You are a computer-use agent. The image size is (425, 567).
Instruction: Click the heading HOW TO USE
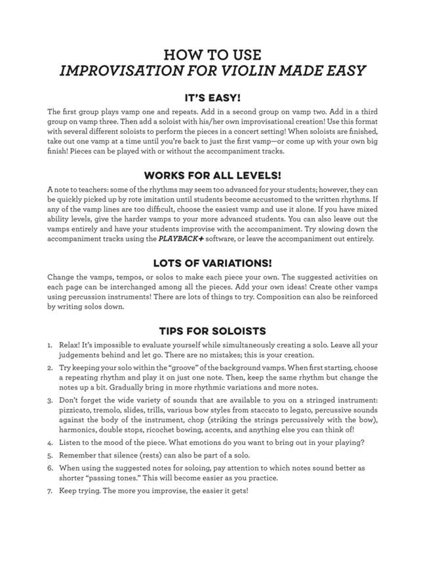212,54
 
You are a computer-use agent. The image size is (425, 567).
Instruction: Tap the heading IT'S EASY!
212,98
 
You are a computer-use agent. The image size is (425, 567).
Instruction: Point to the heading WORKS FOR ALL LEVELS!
212,175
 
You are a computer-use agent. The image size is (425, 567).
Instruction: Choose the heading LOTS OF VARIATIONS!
212,262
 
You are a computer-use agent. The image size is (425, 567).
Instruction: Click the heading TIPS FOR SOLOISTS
212,331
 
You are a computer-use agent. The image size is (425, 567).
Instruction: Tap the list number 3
50,400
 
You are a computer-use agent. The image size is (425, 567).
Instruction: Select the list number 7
50,490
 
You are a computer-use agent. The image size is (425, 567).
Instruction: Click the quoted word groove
205,367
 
